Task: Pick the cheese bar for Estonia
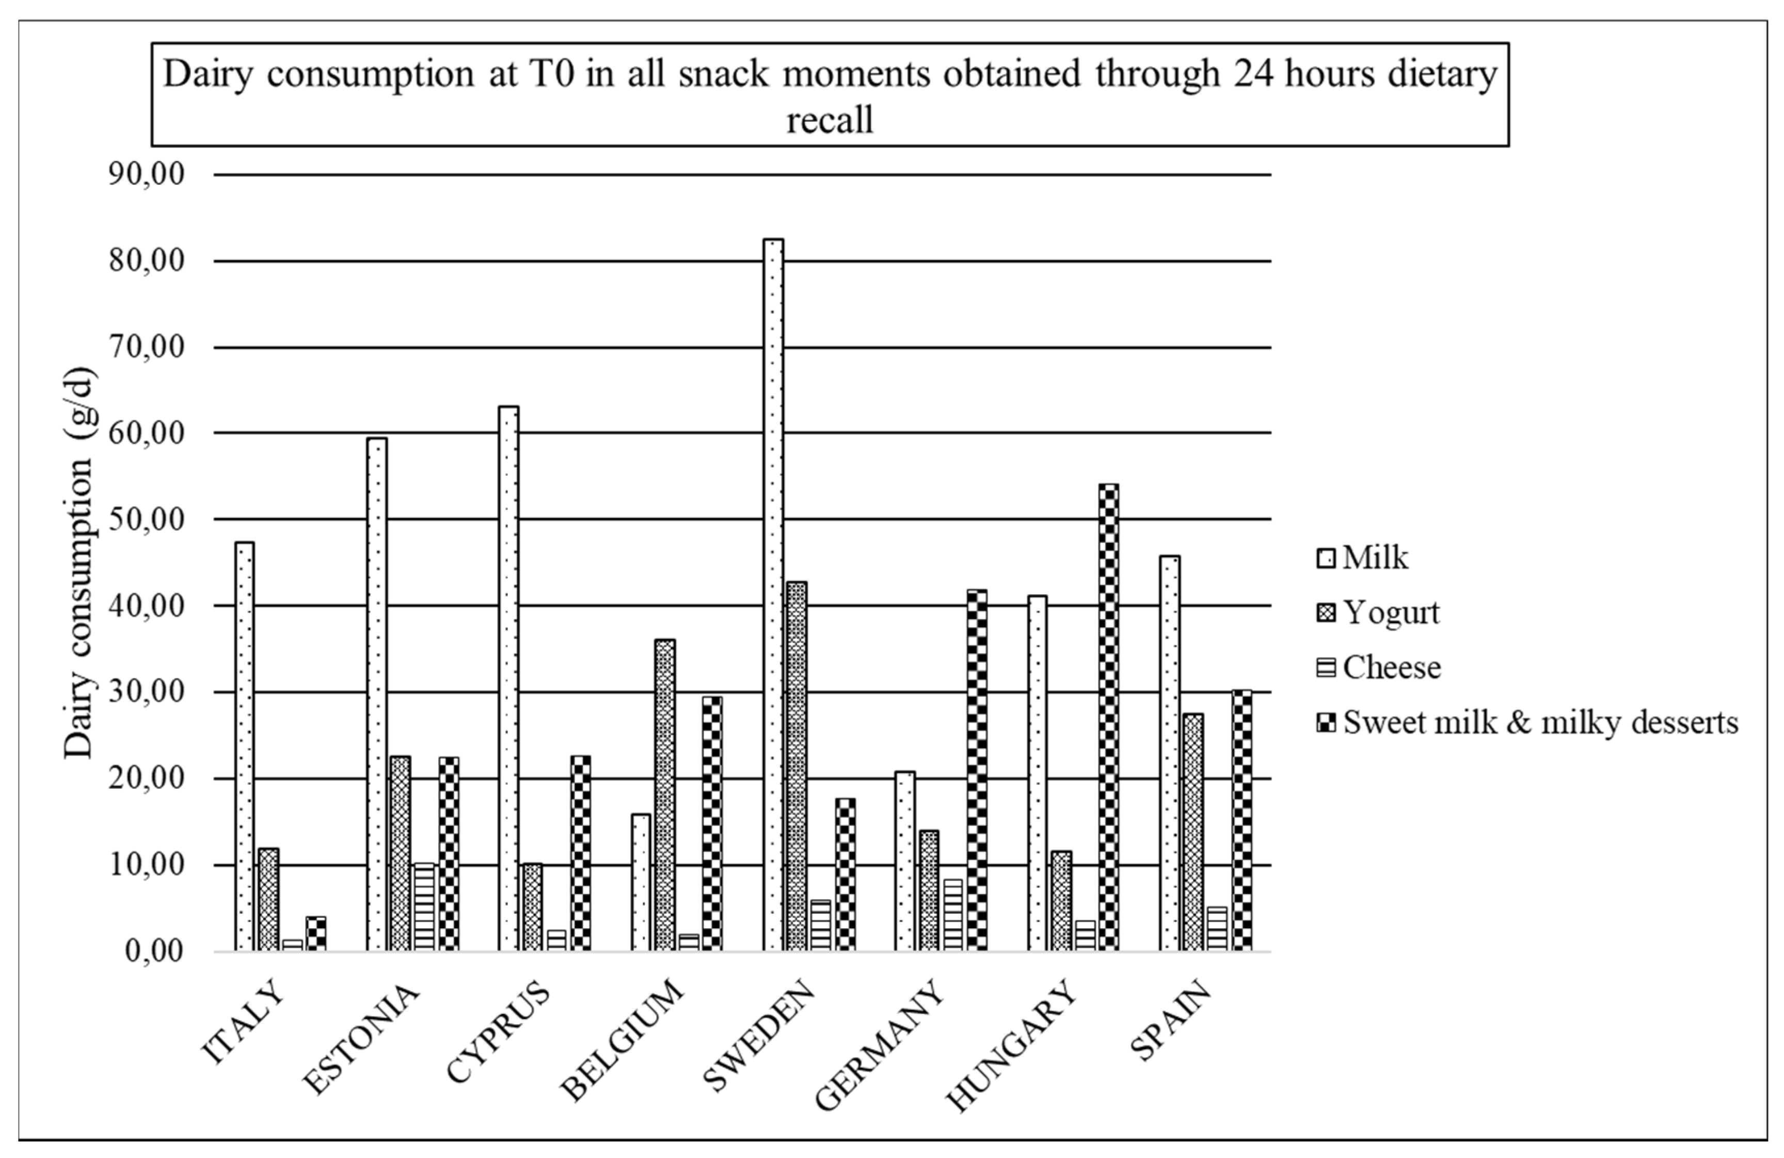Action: click(x=424, y=908)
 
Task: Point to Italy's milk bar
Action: click(x=244, y=747)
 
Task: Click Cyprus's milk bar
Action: click(x=508, y=678)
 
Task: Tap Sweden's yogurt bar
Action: click(x=797, y=766)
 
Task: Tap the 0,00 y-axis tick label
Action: click(x=154, y=952)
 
